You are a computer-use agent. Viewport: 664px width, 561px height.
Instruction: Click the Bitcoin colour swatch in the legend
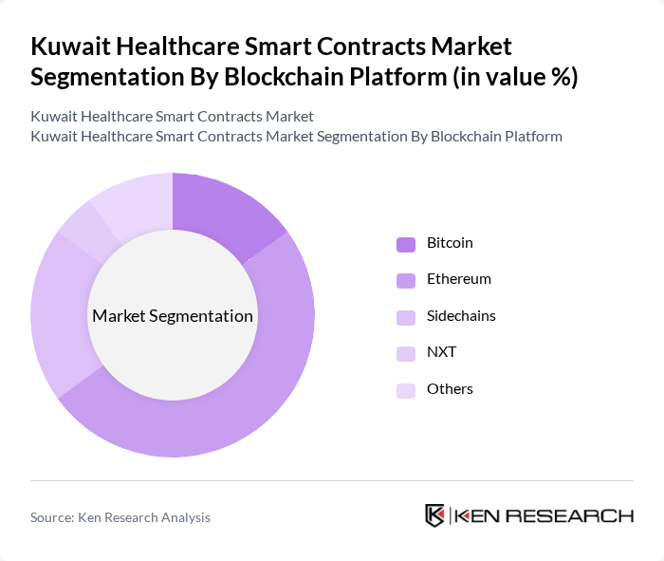coord(406,244)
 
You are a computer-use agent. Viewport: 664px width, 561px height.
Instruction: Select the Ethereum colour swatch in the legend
coord(406,280)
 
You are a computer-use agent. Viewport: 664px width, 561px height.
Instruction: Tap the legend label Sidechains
coord(461,315)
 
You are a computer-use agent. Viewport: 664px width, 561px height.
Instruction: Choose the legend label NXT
coord(441,352)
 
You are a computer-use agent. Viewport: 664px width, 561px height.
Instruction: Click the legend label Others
coord(450,388)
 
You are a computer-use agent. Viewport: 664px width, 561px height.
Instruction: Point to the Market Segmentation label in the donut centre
coord(173,315)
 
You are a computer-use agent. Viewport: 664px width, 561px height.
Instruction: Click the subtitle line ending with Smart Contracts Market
coord(172,117)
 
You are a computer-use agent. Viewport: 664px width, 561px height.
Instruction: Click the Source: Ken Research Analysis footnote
coord(120,517)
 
